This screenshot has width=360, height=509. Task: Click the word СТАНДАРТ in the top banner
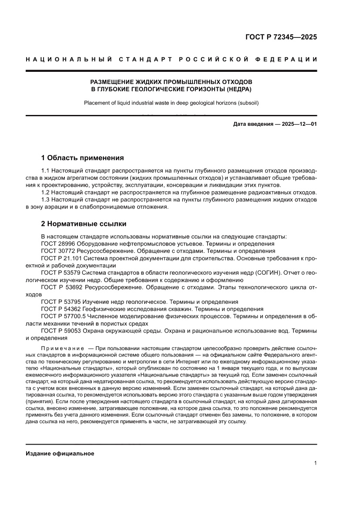click(x=147, y=59)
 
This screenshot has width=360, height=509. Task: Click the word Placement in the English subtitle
click(x=97, y=103)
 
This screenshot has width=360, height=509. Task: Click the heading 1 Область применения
click(x=82, y=158)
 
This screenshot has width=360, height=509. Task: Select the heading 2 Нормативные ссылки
click(x=84, y=224)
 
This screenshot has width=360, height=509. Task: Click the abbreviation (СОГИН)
click(x=265, y=273)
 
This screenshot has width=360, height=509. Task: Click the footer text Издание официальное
click(x=60, y=454)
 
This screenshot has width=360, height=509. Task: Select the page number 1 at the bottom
click(x=315, y=463)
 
